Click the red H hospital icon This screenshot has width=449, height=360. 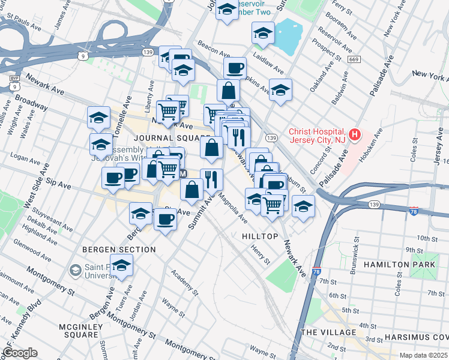pos(355,135)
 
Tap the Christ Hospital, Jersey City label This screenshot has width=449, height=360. pos(316,136)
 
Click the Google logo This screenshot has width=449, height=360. pos(20,353)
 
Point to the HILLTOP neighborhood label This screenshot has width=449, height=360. pos(260,236)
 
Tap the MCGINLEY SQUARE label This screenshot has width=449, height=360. pos(83,326)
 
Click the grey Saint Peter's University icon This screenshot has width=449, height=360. pos(76,271)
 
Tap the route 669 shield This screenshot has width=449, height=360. pos(354,59)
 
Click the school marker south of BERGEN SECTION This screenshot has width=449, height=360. pos(122,267)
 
